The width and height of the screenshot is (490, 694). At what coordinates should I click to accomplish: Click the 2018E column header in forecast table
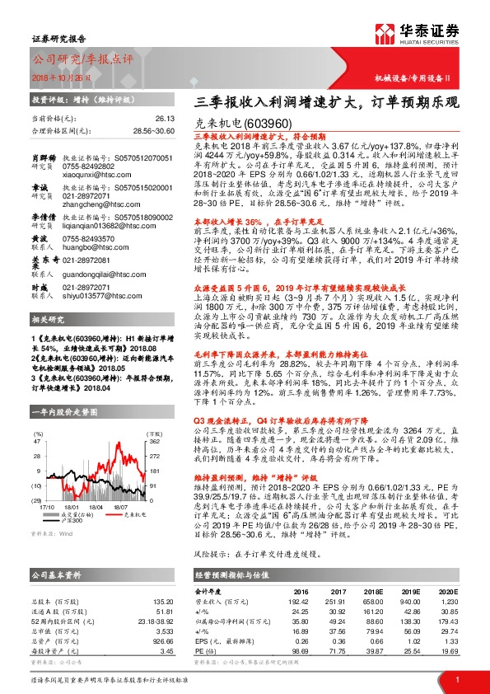(x=372, y=591)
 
